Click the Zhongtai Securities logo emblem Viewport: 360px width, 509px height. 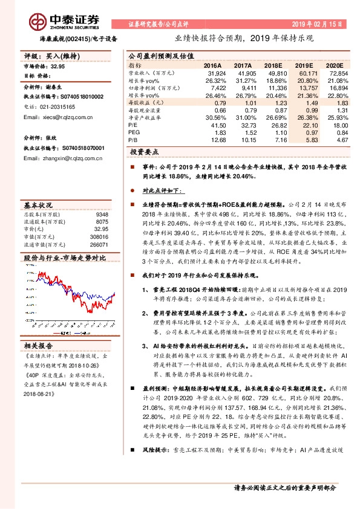click(x=39, y=21)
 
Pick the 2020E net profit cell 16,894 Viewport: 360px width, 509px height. click(x=336, y=88)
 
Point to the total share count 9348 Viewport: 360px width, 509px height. click(x=102, y=215)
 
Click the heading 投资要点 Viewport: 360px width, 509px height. click(x=143, y=152)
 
